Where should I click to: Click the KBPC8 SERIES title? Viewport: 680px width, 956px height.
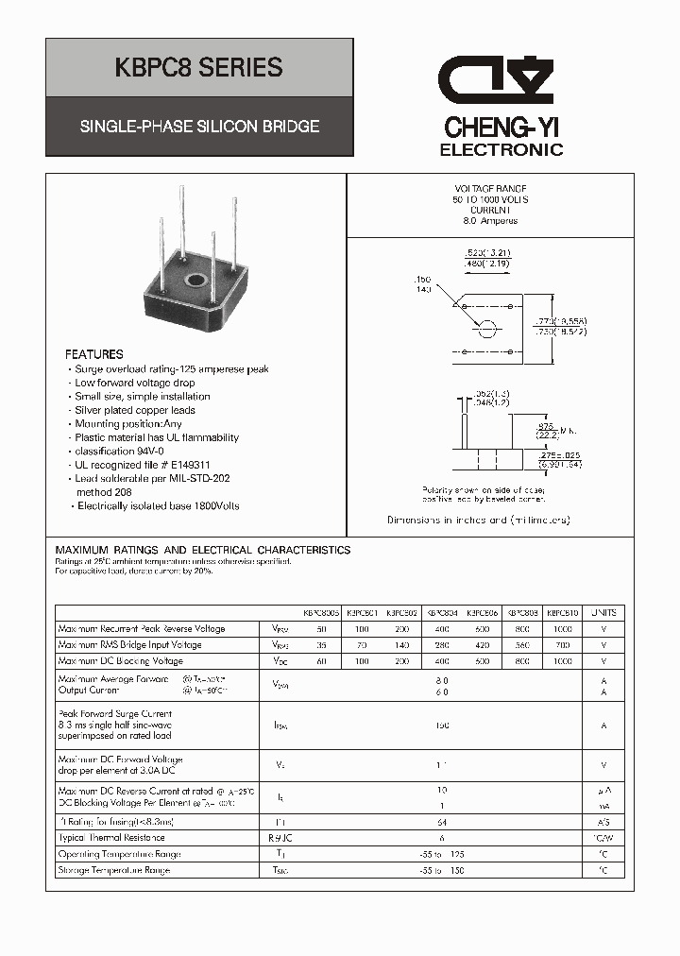point(198,68)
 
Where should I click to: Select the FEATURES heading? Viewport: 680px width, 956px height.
point(93,354)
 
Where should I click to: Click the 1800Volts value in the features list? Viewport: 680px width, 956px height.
point(213,506)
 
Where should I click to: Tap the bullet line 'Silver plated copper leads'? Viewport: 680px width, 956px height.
point(135,411)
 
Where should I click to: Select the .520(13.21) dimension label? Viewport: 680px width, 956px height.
point(487,253)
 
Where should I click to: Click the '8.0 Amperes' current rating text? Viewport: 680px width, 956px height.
point(490,221)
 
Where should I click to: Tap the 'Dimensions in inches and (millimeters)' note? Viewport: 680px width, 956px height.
point(478,521)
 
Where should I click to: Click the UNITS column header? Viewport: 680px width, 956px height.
point(609,612)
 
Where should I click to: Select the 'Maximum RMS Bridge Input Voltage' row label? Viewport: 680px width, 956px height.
point(129,645)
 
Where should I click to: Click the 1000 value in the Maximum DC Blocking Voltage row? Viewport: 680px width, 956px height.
point(563,661)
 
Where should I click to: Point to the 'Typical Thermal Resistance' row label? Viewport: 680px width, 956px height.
point(111,838)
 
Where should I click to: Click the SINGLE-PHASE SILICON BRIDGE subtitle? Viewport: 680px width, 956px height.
point(198,126)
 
